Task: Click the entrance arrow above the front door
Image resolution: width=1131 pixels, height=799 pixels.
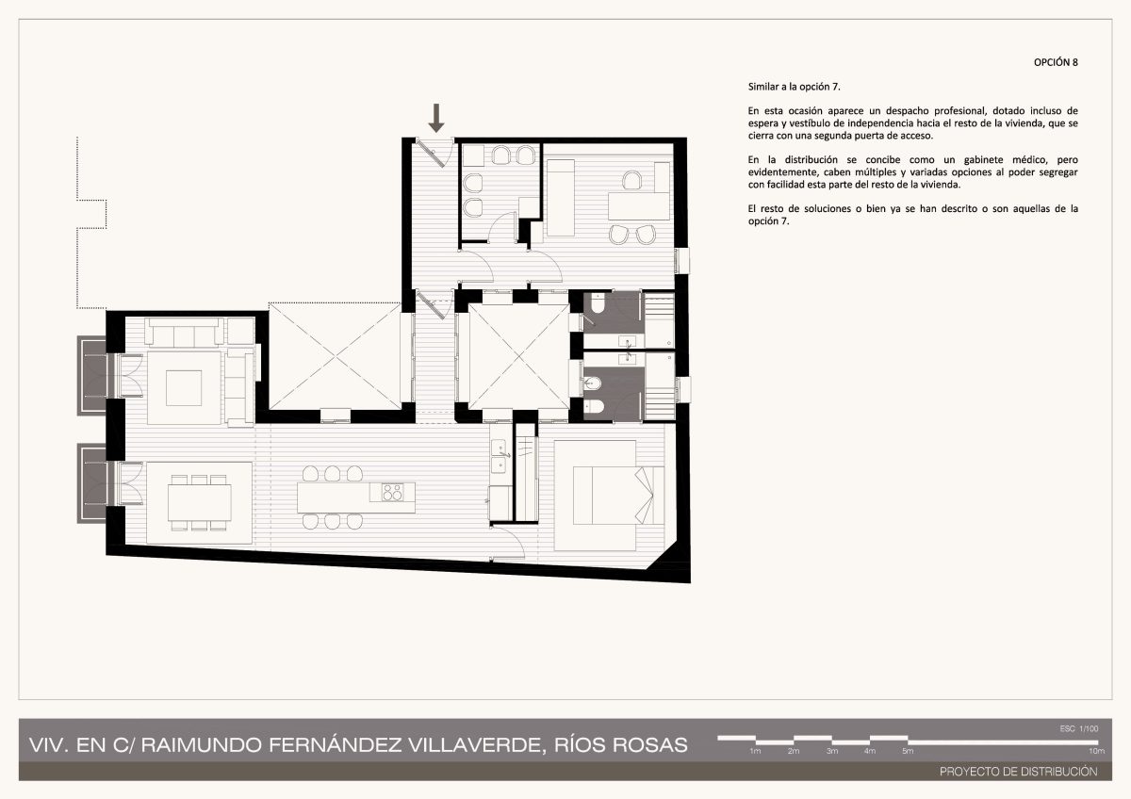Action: [x=436, y=118]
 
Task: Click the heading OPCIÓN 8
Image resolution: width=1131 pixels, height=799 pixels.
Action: [x=1056, y=62]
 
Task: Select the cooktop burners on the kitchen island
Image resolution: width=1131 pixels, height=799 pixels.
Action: [x=392, y=492]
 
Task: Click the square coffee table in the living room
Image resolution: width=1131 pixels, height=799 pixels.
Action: [x=184, y=388]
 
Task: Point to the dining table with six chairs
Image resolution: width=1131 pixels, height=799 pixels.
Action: [x=200, y=503]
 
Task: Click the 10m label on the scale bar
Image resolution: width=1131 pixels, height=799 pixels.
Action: [x=1096, y=751]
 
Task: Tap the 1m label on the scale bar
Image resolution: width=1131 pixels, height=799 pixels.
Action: [x=755, y=751]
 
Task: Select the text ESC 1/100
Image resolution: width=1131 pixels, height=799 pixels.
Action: [x=1079, y=729]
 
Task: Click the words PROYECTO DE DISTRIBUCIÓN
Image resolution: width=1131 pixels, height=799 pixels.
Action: [x=1019, y=772]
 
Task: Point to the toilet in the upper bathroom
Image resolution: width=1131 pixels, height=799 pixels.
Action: [x=598, y=303]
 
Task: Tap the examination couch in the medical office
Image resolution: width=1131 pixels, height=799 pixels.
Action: [x=561, y=197]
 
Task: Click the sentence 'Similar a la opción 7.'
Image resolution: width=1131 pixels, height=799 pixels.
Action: [x=795, y=87]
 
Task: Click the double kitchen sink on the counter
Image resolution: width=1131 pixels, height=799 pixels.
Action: [x=499, y=456]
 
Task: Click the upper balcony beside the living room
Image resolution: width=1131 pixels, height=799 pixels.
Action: [x=92, y=376]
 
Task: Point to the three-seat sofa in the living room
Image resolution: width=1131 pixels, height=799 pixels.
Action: [x=184, y=332]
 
